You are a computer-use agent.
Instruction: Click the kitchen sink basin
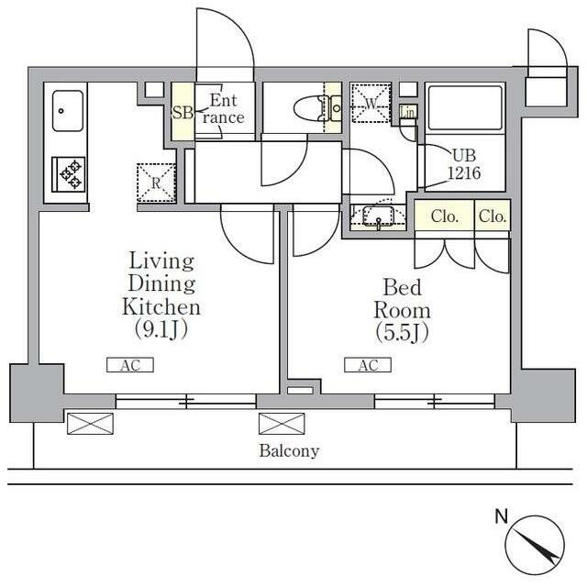click(66, 111)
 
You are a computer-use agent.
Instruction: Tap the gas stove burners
click(69, 172)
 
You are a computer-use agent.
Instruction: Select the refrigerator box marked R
click(155, 180)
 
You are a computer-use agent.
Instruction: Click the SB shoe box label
click(182, 113)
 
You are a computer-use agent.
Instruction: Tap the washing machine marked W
click(371, 103)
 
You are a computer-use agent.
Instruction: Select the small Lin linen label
click(409, 112)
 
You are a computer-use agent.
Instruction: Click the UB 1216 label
click(463, 163)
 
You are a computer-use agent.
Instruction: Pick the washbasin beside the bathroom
click(377, 217)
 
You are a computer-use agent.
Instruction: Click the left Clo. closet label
click(444, 217)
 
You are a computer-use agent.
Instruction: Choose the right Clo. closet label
click(492, 217)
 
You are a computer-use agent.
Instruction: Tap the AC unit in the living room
click(130, 365)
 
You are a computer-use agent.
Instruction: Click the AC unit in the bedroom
click(368, 365)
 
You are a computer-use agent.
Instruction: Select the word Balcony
click(289, 450)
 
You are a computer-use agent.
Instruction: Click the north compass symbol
click(535, 541)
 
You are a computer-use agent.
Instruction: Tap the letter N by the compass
click(501, 517)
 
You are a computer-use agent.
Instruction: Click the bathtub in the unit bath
click(465, 108)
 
